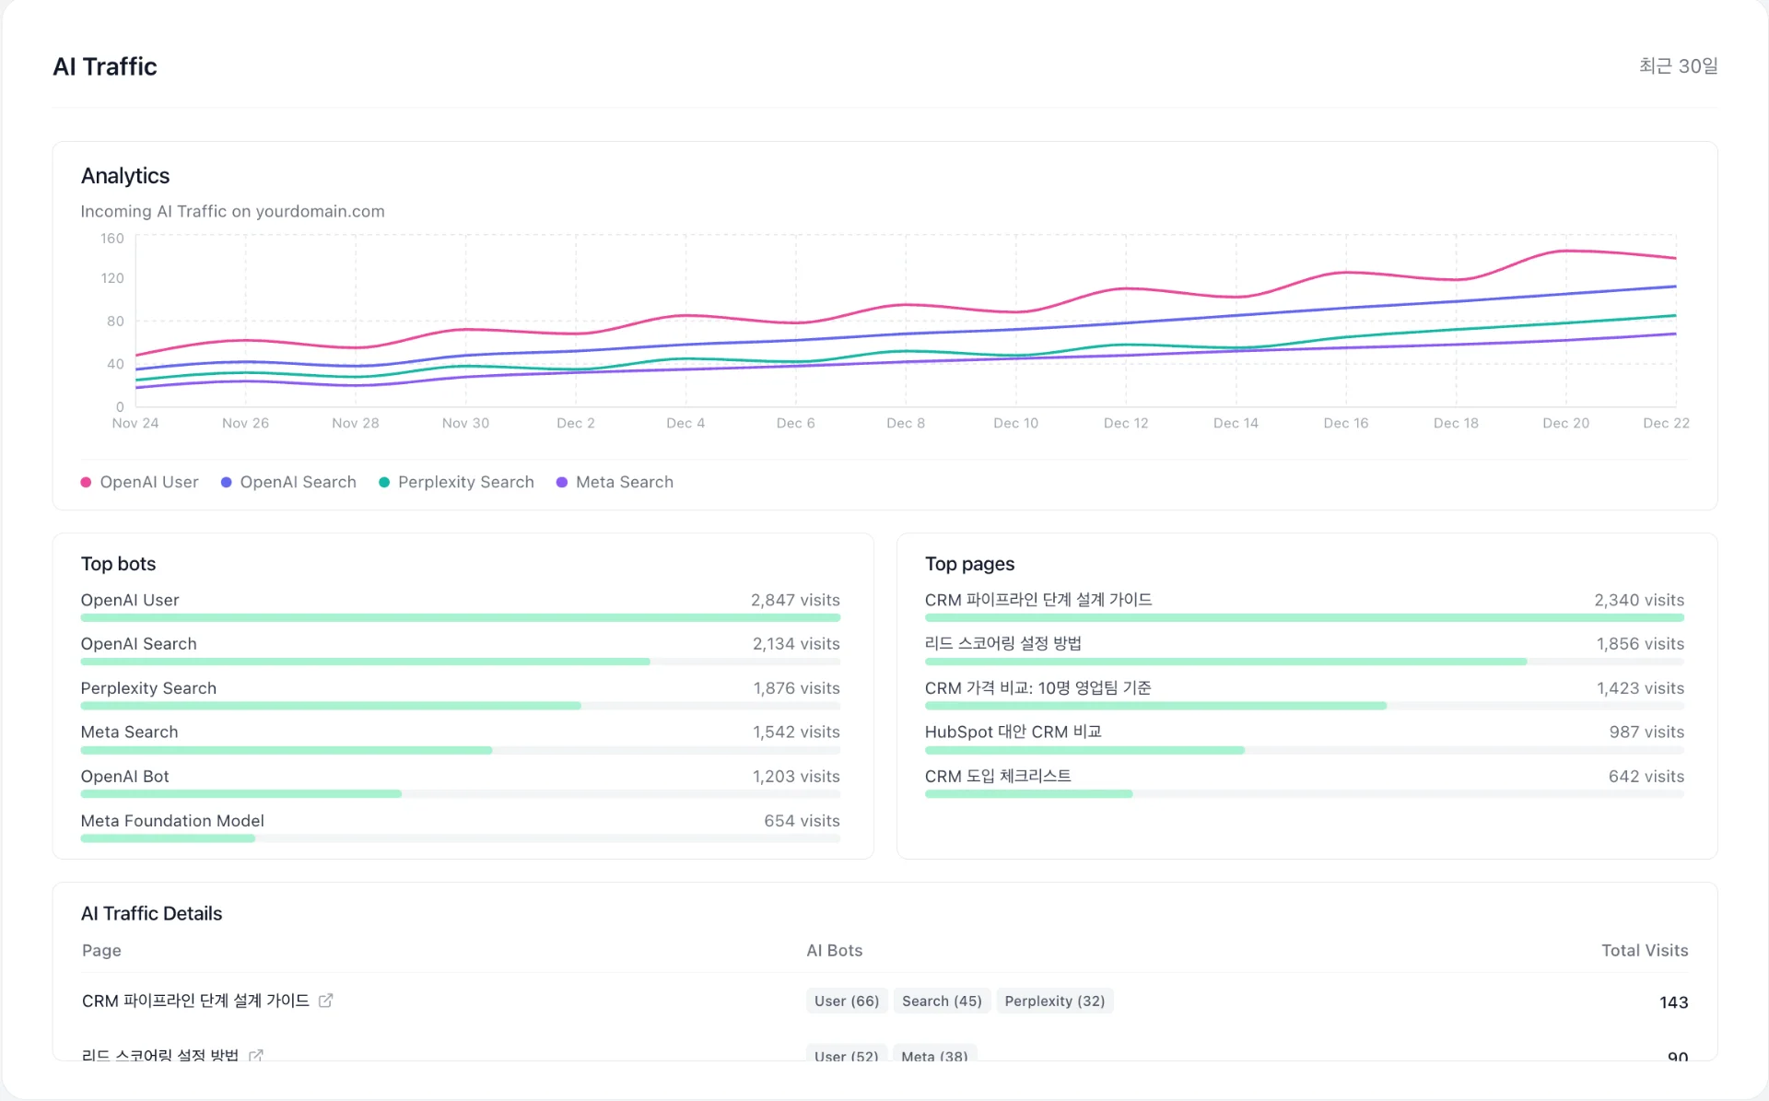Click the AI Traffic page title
[105, 66]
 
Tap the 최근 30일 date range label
[1678, 66]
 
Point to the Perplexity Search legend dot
[384, 482]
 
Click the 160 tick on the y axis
[112, 239]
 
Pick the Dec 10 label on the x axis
[1015, 423]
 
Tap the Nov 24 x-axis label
[135, 423]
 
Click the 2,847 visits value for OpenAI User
[794, 600]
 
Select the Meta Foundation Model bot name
[172, 821]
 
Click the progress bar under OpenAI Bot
[241, 794]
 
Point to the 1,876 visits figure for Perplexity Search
[796, 688]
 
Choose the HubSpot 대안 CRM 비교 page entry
[1013, 732]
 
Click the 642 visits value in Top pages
[1646, 777]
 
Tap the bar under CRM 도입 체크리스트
[1028, 794]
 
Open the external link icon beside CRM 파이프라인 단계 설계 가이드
[325, 1001]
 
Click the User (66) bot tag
[846, 1001]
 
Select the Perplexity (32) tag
[1054, 1001]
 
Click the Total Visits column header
[1644, 950]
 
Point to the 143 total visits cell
[1673, 1002]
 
